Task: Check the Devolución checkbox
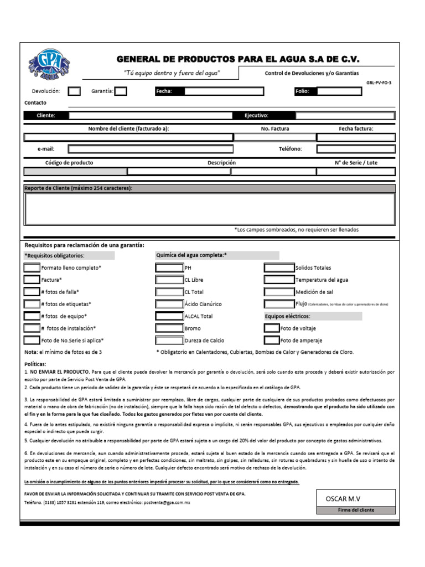click(74, 91)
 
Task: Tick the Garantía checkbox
click(121, 91)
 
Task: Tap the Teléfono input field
click(356, 149)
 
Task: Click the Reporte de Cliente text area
click(209, 209)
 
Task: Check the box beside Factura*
click(32, 280)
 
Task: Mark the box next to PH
click(169, 267)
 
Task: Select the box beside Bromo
click(169, 328)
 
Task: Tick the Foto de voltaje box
click(272, 328)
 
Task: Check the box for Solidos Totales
click(279, 267)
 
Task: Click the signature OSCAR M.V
click(343, 499)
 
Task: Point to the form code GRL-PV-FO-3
click(379, 83)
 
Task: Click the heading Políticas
click(35, 364)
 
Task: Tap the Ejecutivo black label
click(256, 116)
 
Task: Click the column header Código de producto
click(69, 163)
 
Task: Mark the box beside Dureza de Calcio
click(169, 341)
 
